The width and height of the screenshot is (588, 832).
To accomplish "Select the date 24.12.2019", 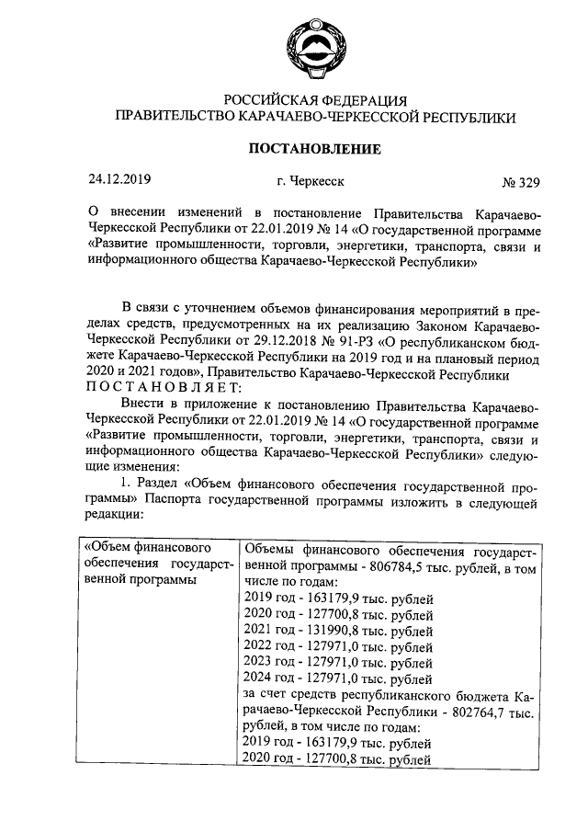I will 119,180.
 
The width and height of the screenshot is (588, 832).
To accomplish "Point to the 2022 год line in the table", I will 337,647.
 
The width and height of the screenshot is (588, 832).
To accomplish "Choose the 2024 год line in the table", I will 337,679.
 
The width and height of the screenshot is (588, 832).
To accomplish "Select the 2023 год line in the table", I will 337,663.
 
